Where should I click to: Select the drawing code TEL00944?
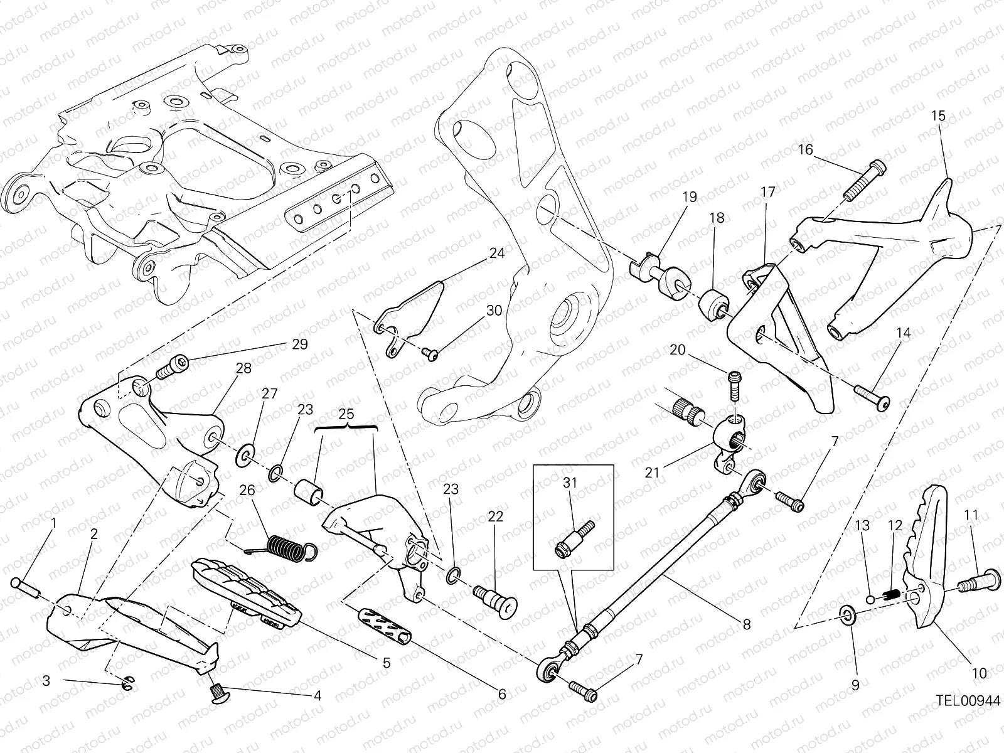968,700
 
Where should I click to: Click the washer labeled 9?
846,614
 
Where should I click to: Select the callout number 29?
299,344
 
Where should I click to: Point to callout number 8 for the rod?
746,624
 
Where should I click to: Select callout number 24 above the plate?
496,254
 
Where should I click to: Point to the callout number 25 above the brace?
346,414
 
